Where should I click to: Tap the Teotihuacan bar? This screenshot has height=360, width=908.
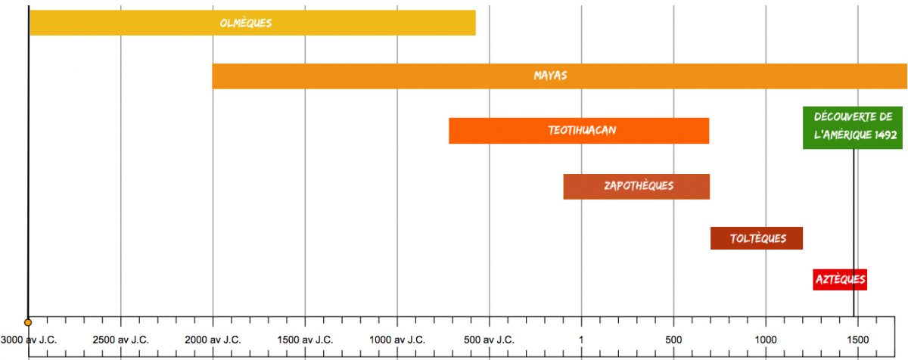pos(579,131)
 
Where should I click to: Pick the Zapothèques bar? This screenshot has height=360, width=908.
pos(636,186)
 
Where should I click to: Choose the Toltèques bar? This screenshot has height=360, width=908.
pos(756,238)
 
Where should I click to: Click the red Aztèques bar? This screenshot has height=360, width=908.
pos(840,280)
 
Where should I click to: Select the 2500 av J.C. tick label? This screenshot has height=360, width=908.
pos(121,340)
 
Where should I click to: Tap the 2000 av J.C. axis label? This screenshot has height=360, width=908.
pos(213,340)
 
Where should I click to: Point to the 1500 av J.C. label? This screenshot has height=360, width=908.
pos(305,340)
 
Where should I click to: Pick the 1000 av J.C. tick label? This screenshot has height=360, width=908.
pos(397,340)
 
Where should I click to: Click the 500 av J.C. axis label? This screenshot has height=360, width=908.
pos(490,340)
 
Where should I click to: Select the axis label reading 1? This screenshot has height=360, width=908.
pos(581,340)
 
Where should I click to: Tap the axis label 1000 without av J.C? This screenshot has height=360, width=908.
pos(765,340)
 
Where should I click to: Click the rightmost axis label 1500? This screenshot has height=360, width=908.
pos(857,340)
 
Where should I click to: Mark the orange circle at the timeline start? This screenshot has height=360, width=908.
pos(28,322)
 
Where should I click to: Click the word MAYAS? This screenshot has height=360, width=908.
pos(550,76)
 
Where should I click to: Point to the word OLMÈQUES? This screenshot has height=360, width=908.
pos(245,23)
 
